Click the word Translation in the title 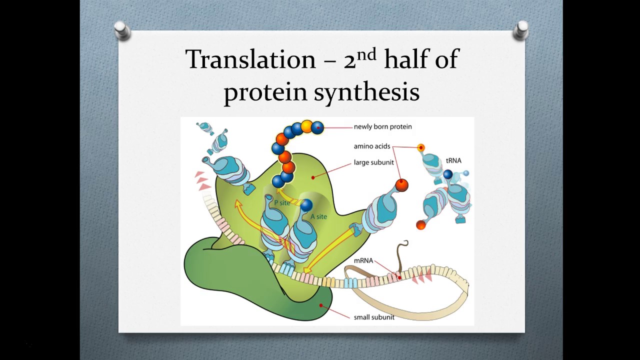[x=250, y=59]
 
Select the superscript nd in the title [x=366, y=54]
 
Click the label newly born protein [x=382, y=127]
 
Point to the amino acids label [x=371, y=146]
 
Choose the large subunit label [x=373, y=162]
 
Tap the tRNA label [x=453, y=161]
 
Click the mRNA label [x=363, y=261]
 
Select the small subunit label [x=374, y=317]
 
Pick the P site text [x=282, y=203]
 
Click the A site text [x=319, y=216]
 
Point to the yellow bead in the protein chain [x=306, y=126]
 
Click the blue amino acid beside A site [x=306, y=204]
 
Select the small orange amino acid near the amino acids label [x=421, y=147]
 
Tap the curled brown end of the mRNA [x=402, y=245]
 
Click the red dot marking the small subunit [x=321, y=305]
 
